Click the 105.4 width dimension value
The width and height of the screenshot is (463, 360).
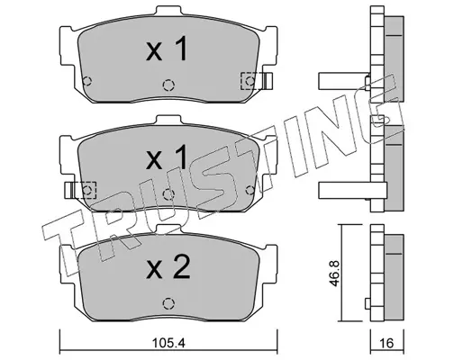tap(168, 342)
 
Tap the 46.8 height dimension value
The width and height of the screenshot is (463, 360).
tap(335, 274)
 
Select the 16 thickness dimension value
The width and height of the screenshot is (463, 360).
tap(387, 342)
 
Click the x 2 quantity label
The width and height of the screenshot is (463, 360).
tap(168, 267)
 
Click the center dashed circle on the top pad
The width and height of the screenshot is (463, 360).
tap(168, 85)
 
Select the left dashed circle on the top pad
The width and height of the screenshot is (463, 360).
tap(87, 81)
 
